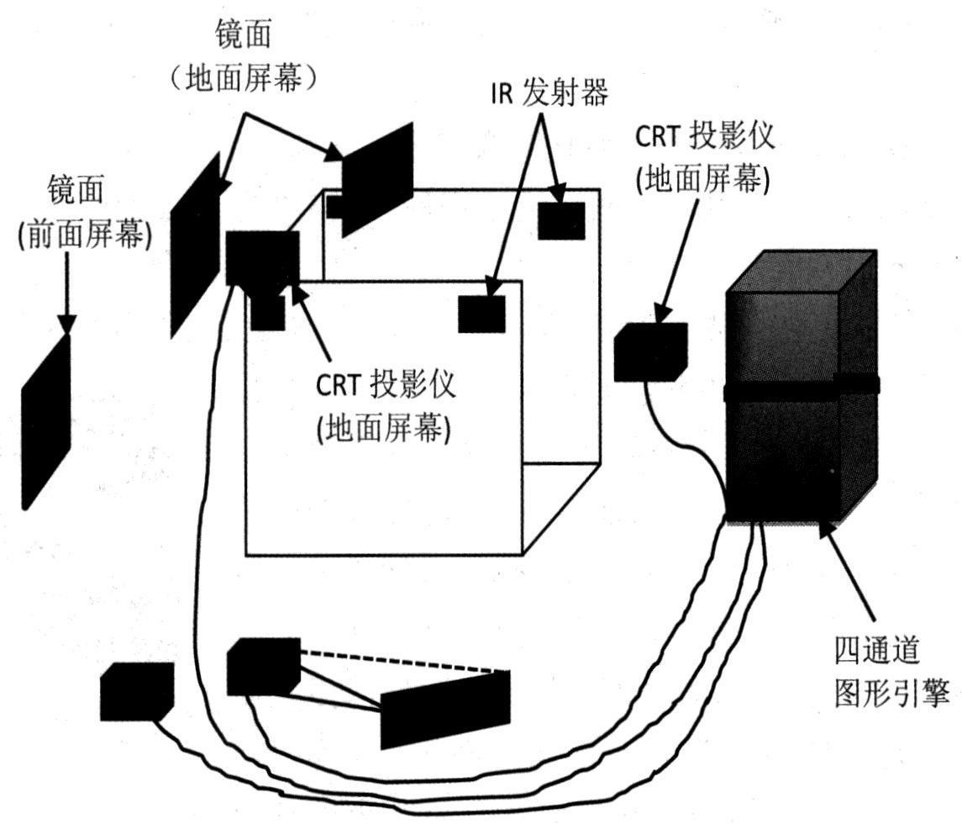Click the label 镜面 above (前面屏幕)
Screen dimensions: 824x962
(x=76, y=191)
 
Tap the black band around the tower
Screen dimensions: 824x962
(x=798, y=388)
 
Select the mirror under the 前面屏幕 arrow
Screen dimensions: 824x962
(x=46, y=420)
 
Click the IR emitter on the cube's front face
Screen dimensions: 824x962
(x=481, y=314)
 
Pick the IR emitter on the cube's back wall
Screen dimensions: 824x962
(x=560, y=220)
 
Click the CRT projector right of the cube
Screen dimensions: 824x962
(x=650, y=351)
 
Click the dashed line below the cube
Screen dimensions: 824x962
(x=403, y=659)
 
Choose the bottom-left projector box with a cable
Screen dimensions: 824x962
(x=136, y=691)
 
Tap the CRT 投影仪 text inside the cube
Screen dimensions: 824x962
(x=386, y=388)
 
